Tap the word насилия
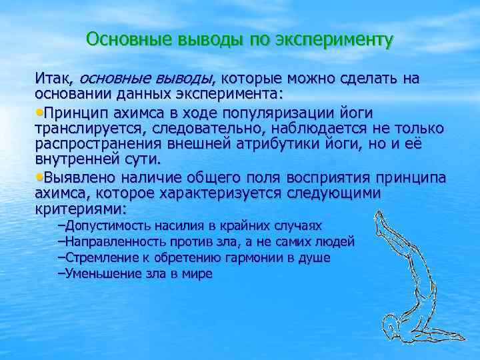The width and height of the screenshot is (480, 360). [x=180, y=226]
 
